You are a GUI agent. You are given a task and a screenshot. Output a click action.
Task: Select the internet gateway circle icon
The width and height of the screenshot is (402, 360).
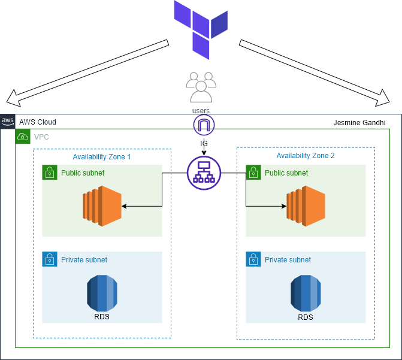point(204,125)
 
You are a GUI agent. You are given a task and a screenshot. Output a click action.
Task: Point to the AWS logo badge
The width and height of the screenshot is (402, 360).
point(8,122)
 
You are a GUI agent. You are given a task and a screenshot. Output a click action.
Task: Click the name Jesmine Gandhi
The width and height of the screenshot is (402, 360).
point(359,123)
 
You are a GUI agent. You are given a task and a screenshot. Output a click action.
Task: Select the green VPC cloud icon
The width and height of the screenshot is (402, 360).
point(23,137)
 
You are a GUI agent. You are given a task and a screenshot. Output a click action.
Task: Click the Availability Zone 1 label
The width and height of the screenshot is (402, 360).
point(102,157)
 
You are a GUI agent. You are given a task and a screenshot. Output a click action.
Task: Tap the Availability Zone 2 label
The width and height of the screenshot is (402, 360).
point(306,156)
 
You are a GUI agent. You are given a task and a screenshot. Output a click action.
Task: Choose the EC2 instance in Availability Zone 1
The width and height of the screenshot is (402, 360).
point(102,206)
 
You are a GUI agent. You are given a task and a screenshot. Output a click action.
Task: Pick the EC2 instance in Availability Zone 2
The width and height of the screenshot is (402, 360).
point(306,206)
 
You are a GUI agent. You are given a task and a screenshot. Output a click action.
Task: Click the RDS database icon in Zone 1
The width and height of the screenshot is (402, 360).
point(102,292)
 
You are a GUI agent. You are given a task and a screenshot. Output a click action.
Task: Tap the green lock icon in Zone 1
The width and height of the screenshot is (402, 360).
point(49,173)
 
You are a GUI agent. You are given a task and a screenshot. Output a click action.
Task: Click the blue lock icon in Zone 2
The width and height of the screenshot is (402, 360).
point(253,259)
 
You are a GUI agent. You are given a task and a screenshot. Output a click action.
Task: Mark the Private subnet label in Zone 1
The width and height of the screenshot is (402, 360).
point(84,260)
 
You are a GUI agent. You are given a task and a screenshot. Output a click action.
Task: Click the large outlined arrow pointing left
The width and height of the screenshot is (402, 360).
point(84,68)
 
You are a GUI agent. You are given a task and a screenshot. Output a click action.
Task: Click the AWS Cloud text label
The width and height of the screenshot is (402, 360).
point(38,122)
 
